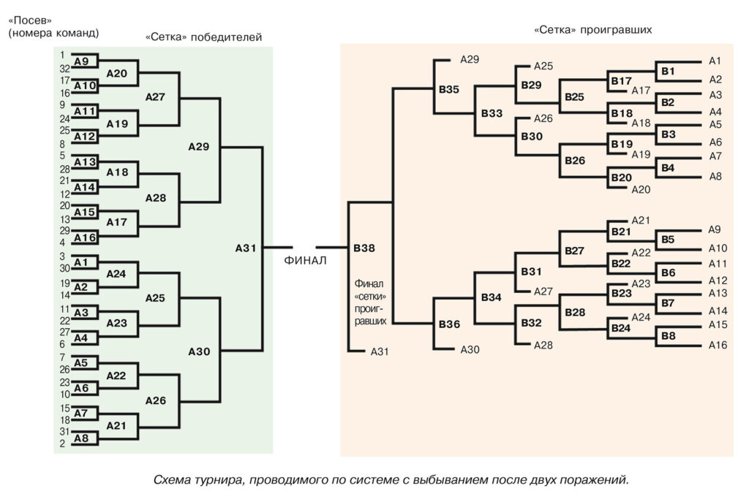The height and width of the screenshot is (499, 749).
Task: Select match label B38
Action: pyautogui.click(x=364, y=248)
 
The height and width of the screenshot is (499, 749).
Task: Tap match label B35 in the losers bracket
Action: pyautogui.click(x=449, y=90)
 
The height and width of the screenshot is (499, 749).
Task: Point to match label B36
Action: pyautogui.click(x=449, y=324)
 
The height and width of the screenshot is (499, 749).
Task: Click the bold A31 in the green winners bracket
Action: pyautogui.click(x=246, y=248)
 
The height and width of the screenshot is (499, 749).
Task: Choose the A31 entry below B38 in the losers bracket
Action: pyautogui.click(x=379, y=351)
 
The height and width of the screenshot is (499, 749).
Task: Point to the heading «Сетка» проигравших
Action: pyautogui.click(x=592, y=30)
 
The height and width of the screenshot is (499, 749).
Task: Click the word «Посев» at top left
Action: pyautogui.click(x=30, y=20)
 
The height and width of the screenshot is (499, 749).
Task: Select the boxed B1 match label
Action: pyautogui.click(x=668, y=71)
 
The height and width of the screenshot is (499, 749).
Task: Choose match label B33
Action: pyautogui.click(x=492, y=113)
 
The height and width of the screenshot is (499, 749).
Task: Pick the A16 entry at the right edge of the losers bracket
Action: pyautogui.click(x=718, y=345)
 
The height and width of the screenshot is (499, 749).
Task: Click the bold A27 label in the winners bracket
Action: pyautogui.click(x=155, y=96)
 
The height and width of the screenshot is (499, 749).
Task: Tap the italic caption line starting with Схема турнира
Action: pyautogui.click(x=391, y=480)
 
